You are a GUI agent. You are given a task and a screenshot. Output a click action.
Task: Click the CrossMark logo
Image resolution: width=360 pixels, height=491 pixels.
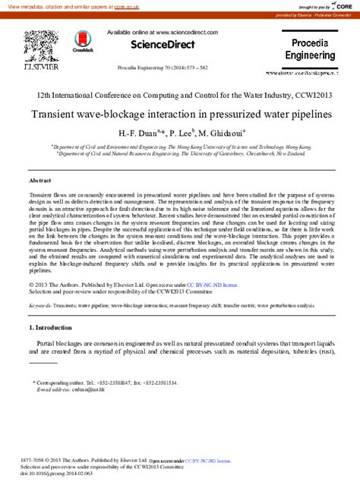(x=81, y=41)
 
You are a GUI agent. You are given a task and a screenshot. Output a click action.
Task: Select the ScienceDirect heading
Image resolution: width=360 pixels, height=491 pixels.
(x=163, y=45)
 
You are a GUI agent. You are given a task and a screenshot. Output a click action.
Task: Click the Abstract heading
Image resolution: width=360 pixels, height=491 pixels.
(x=39, y=181)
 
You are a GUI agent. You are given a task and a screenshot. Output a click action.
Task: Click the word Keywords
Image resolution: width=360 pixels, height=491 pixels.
(x=40, y=304)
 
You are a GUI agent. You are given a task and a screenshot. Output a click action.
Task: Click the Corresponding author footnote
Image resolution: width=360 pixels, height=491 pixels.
(x=106, y=383)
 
